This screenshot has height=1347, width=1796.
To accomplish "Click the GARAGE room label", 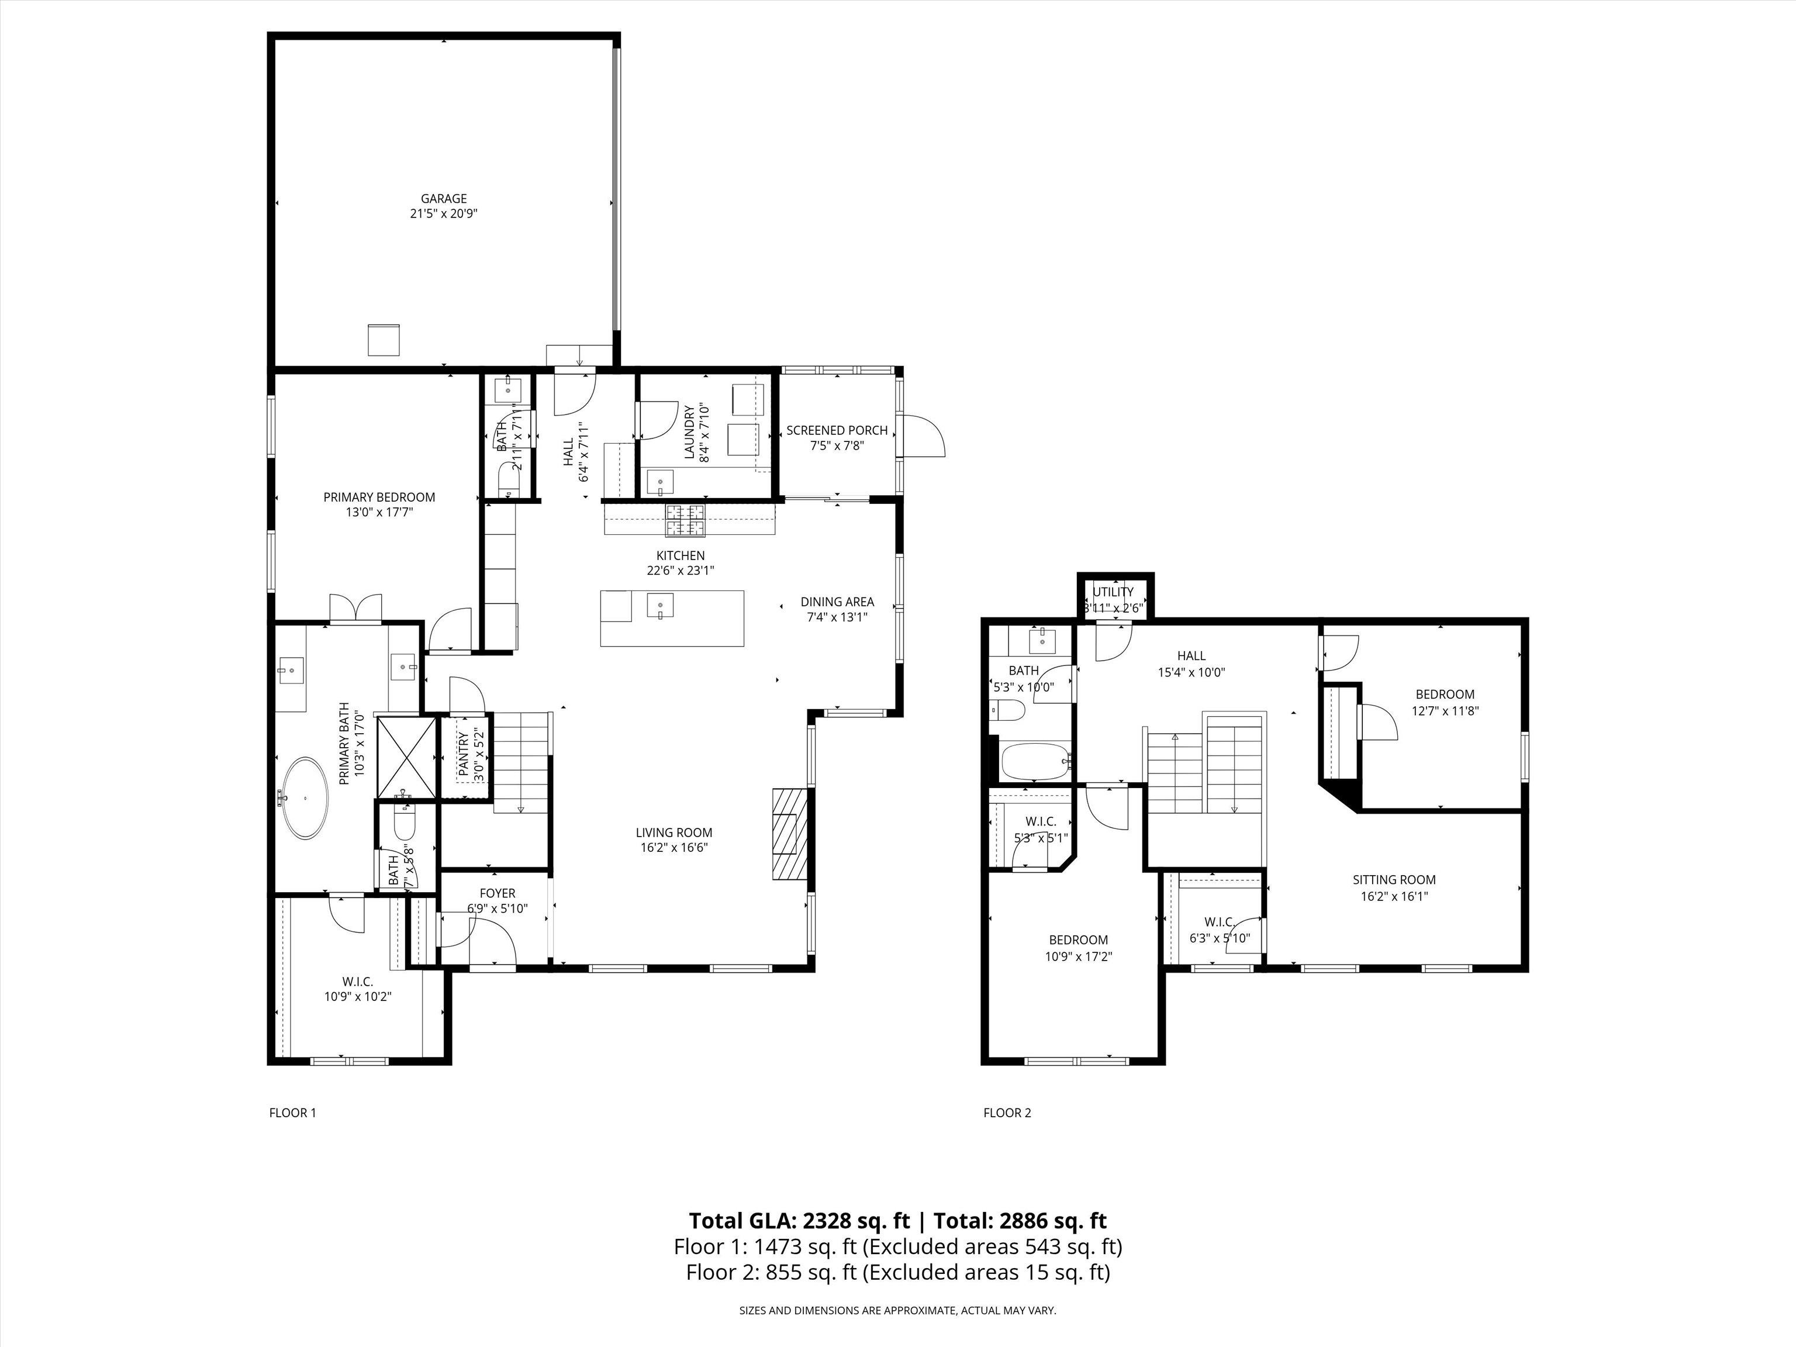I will tap(443, 198).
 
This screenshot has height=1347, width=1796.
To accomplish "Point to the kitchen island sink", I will tap(661, 606).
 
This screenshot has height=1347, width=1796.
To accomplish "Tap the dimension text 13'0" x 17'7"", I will tap(379, 512).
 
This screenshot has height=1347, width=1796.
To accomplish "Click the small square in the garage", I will tap(384, 340).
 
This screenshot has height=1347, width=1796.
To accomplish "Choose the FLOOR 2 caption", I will tap(1007, 1113).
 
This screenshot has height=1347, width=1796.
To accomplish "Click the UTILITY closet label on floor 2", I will tap(1113, 592).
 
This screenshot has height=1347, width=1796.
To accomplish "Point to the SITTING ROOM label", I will tap(1393, 879).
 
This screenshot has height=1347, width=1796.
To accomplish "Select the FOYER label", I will tap(497, 893).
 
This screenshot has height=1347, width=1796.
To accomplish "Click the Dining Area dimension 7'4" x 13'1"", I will tap(837, 617).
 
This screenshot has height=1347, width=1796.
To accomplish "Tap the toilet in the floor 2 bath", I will tap(1008, 710).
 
